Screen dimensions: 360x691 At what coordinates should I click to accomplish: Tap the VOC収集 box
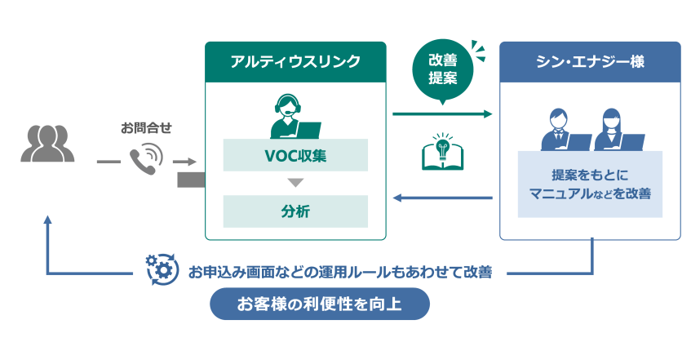click(x=295, y=154)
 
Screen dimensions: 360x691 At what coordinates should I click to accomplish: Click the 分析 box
click(x=295, y=211)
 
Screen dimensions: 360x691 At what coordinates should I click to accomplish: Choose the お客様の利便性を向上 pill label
click(x=319, y=305)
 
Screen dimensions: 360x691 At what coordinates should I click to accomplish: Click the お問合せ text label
click(x=146, y=127)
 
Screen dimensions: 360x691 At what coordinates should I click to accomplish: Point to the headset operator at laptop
click(x=295, y=118)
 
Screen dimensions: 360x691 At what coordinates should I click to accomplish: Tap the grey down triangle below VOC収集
click(x=295, y=182)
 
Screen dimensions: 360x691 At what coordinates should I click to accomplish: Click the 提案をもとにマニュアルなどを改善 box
click(x=589, y=184)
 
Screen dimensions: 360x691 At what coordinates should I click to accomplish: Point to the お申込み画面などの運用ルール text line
click(x=340, y=272)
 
